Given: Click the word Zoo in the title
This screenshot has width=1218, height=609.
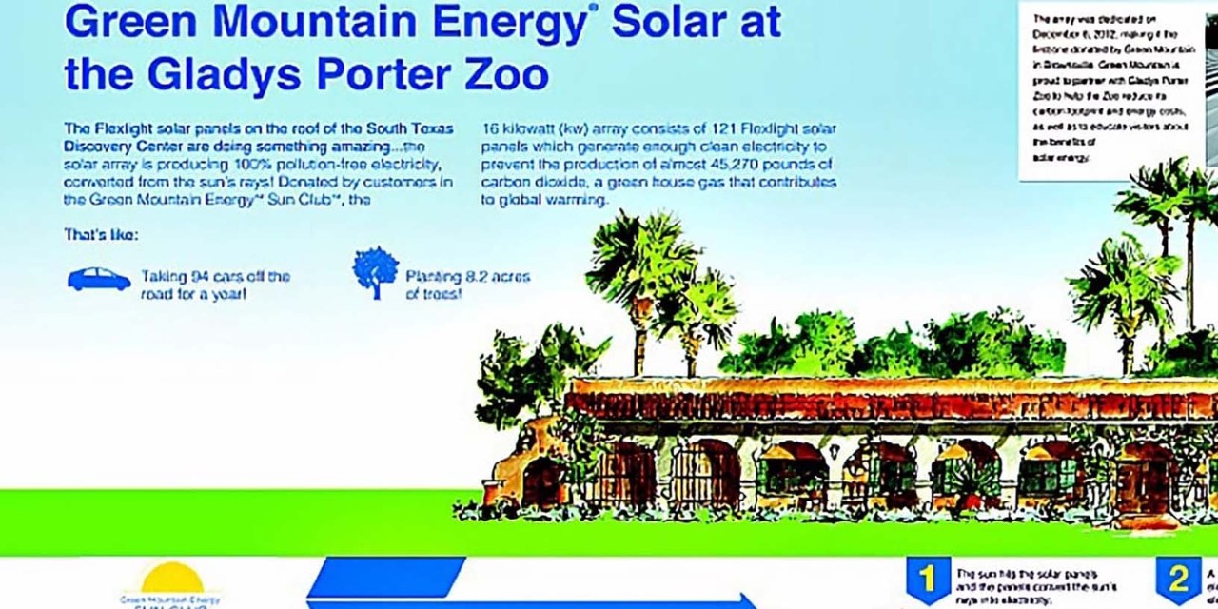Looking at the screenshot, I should pyautogui.click(x=501, y=73).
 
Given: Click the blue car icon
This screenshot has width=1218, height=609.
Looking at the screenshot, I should pyautogui.click(x=99, y=279).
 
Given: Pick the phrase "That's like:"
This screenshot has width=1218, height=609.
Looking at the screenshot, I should pyautogui.click(x=101, y=234).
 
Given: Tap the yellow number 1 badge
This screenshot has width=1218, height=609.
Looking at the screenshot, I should pyautogui.click(x=927, y=580).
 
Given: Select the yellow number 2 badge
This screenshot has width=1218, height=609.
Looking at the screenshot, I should pyautogui.click(x=1178, y=579).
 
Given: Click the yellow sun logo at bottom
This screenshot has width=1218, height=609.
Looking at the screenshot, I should pyautogui.click(x=172, y=579).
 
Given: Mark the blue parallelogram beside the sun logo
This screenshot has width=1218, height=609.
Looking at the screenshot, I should pyautogui.click(x=385, y=577).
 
